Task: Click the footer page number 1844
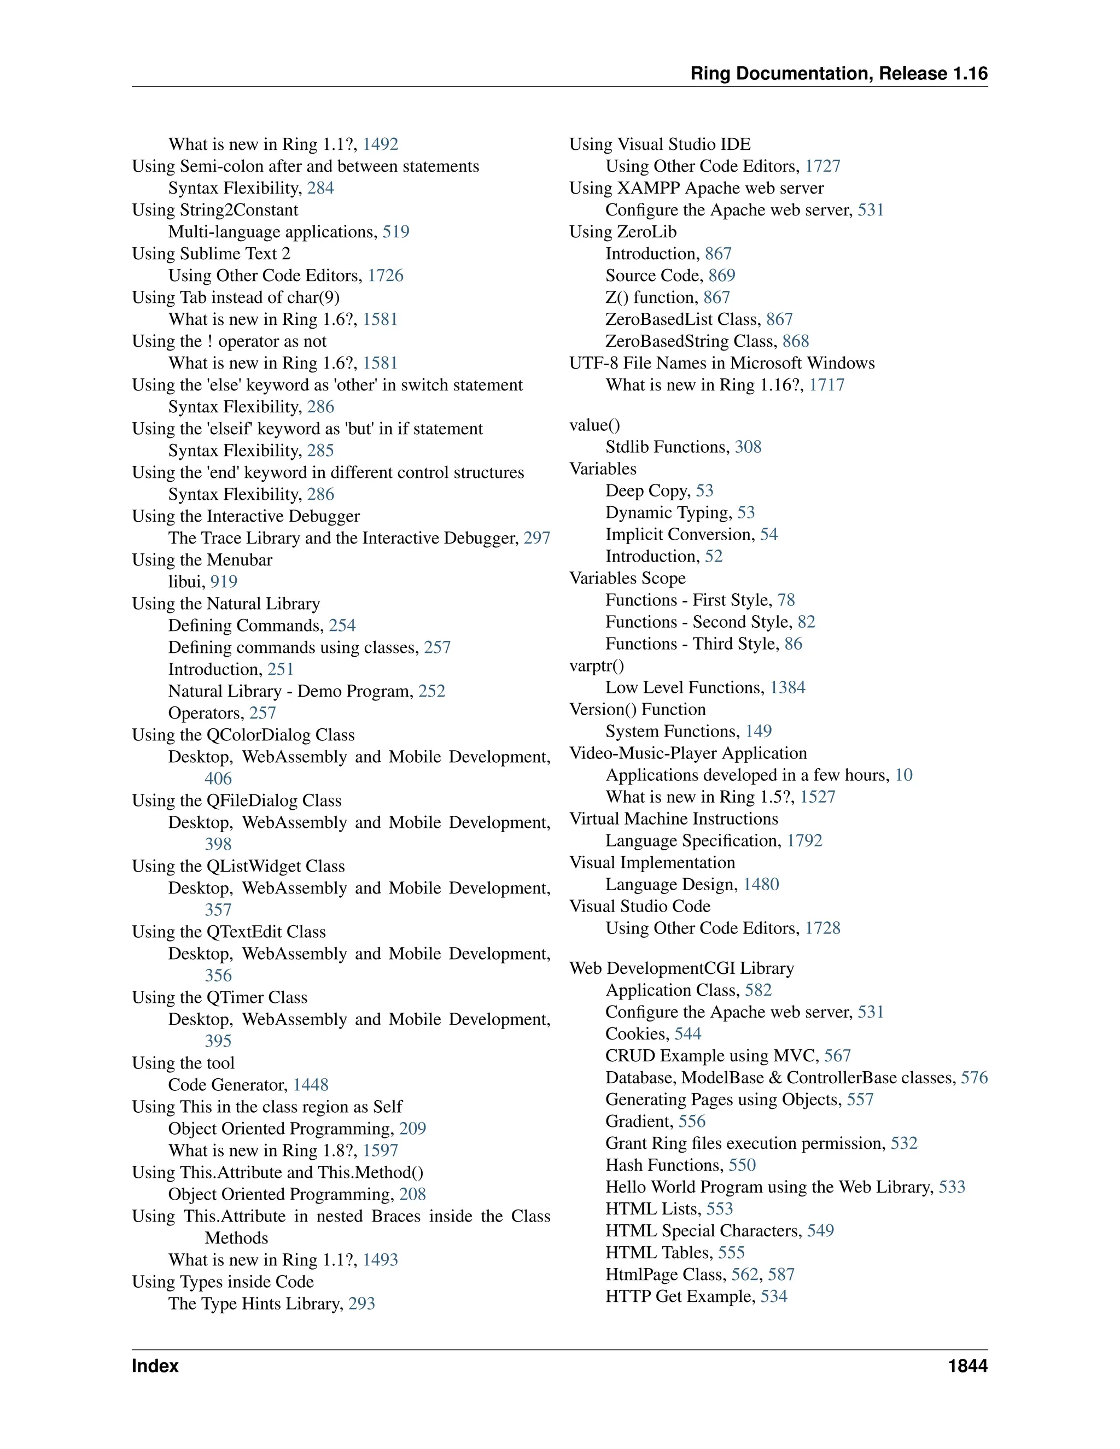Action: coord(967,1365)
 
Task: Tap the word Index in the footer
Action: coord(155,1365)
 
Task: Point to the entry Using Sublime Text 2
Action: coord(211,254)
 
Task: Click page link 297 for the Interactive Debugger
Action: coord(537,537)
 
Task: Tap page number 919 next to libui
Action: coord(224,581)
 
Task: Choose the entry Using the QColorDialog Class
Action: coord(243,734)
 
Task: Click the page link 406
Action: coord(218,778)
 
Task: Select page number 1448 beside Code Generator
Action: coord(311,1085)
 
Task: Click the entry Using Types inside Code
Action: coord(223,1281)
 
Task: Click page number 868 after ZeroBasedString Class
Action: coord(796,341)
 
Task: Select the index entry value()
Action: coord(594,425)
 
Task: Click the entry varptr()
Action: coord(597,665)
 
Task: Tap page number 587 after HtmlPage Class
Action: coord(781,1275)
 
